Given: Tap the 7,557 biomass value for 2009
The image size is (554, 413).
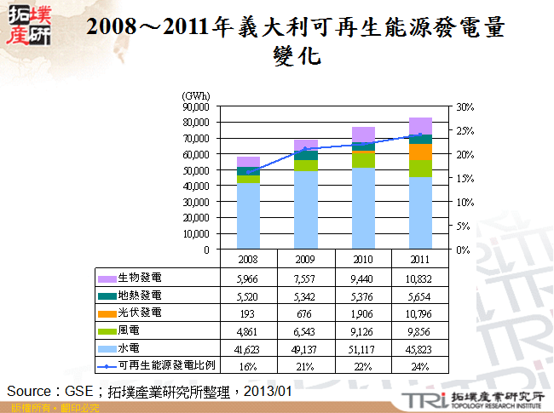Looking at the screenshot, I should pyautogui.click(x=306, y=278).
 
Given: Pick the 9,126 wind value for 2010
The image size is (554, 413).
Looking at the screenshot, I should pyautogui.click(x=363, y=331).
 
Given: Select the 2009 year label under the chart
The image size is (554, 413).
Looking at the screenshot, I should pyautogui.click(x=306, y=259).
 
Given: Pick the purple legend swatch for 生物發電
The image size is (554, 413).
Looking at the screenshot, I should pyautogui.click(x=107, y=278).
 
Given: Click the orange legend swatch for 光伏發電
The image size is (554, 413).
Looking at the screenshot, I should pyautogui.click(x=107, y=313).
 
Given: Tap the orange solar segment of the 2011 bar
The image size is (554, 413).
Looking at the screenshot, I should pyautogui.click(x=419, y=152).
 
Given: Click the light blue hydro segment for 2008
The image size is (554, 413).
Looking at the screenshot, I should pyautogui.click(x=249, y=216).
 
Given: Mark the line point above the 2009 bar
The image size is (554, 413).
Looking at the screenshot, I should pyautogui.click(x=306, y=149).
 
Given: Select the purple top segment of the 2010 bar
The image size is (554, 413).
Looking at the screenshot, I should pyautogui.click(x=363, y=133).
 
